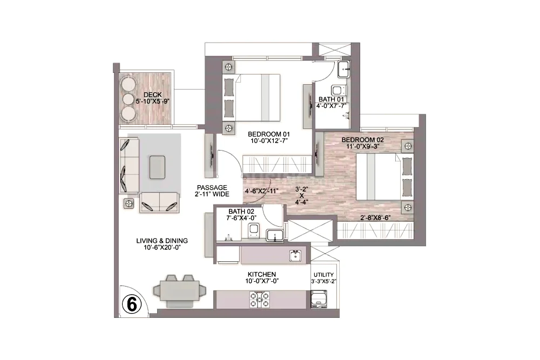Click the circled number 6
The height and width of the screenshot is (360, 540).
click(132, 304)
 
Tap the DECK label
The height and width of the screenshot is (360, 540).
click(153, 95)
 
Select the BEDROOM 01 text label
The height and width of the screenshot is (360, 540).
click(269, 134)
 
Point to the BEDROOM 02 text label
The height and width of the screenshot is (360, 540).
click(363, 140)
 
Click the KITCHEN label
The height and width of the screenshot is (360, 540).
click(262, 274)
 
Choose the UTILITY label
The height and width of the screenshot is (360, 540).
click(323, 275)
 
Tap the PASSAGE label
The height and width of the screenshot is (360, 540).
click(212, 188)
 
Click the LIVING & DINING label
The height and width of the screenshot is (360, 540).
click(162, 241)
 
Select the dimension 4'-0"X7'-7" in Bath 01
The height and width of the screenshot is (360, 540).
click(332, 106)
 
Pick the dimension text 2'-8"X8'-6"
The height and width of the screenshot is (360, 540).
click(375, 218)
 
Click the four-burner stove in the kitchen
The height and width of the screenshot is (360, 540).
click(260, 300)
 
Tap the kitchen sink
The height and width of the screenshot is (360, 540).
click(295, 256)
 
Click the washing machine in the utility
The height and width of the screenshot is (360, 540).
click(319, 298)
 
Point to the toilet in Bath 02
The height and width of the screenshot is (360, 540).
click(254, 230)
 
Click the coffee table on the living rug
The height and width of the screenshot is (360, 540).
click(157, 167)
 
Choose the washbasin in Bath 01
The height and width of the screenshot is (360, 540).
click(343, 70)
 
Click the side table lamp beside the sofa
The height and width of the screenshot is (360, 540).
click(129, 203)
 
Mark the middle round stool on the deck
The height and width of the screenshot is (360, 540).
click(128, 98)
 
